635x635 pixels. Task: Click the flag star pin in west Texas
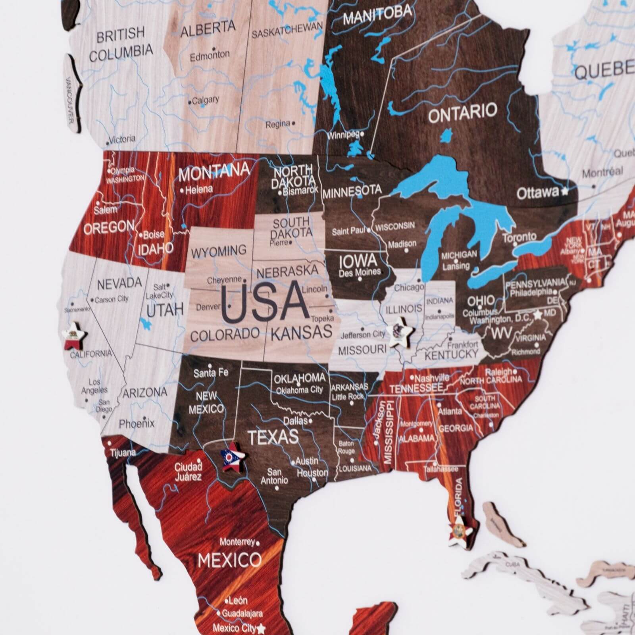point(232,458)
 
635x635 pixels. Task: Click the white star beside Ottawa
point(564,192)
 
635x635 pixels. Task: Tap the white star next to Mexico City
point(261,629)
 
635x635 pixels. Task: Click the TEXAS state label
point(273,437)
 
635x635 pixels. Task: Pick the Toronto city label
point(520,238)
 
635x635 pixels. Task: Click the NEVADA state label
point(119,283)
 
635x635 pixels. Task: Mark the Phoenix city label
point(137,423)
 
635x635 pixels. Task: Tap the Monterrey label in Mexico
point(237,542)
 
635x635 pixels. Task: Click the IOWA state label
point(357,261)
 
